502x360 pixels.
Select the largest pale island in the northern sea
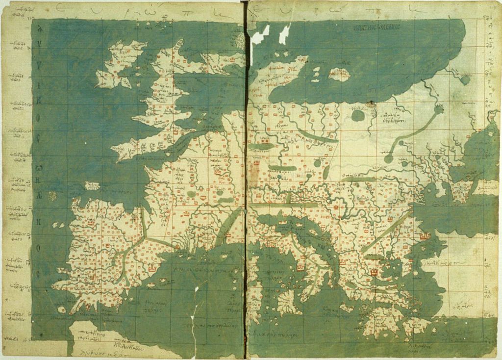339,74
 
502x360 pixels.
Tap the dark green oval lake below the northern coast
358,116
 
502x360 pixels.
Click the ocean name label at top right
376,27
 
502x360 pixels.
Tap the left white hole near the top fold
260,36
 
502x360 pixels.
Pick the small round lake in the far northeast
465,79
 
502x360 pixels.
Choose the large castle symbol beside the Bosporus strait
425,236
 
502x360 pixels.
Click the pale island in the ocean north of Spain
92,186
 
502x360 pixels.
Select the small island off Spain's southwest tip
61,309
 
